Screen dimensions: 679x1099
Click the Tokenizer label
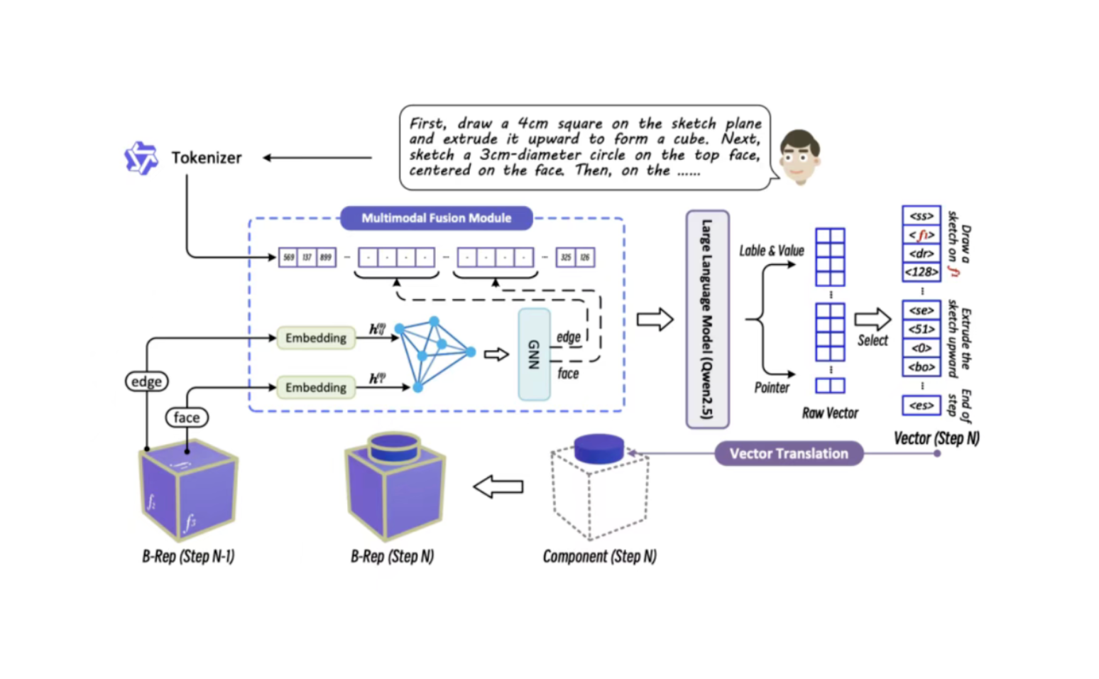(206, 158)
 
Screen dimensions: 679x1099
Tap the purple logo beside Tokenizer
(141, 158)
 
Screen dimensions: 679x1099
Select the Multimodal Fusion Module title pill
(436, 218)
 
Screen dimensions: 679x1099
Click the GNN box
(535, 354)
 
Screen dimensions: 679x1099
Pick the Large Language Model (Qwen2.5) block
(707, 319)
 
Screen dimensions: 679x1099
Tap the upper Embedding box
(316, 338)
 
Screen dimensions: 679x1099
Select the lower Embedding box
(316, 387)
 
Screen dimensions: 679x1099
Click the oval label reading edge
(146, 381)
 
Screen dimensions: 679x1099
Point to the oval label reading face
(187, 418)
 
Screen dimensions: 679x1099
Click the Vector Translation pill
(789, 454)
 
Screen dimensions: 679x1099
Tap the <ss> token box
(921, 216)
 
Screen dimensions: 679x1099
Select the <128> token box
(921, 272)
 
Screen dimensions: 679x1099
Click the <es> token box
(921, 406)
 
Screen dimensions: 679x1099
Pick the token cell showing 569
(288, 257)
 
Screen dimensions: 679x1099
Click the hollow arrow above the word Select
(872, 320)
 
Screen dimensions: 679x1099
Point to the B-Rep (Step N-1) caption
(188, 556)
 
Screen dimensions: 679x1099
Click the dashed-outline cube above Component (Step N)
(599, 490)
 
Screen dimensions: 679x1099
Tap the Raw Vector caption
(830, 413)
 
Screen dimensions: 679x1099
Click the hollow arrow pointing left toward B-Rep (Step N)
(498, 487)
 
